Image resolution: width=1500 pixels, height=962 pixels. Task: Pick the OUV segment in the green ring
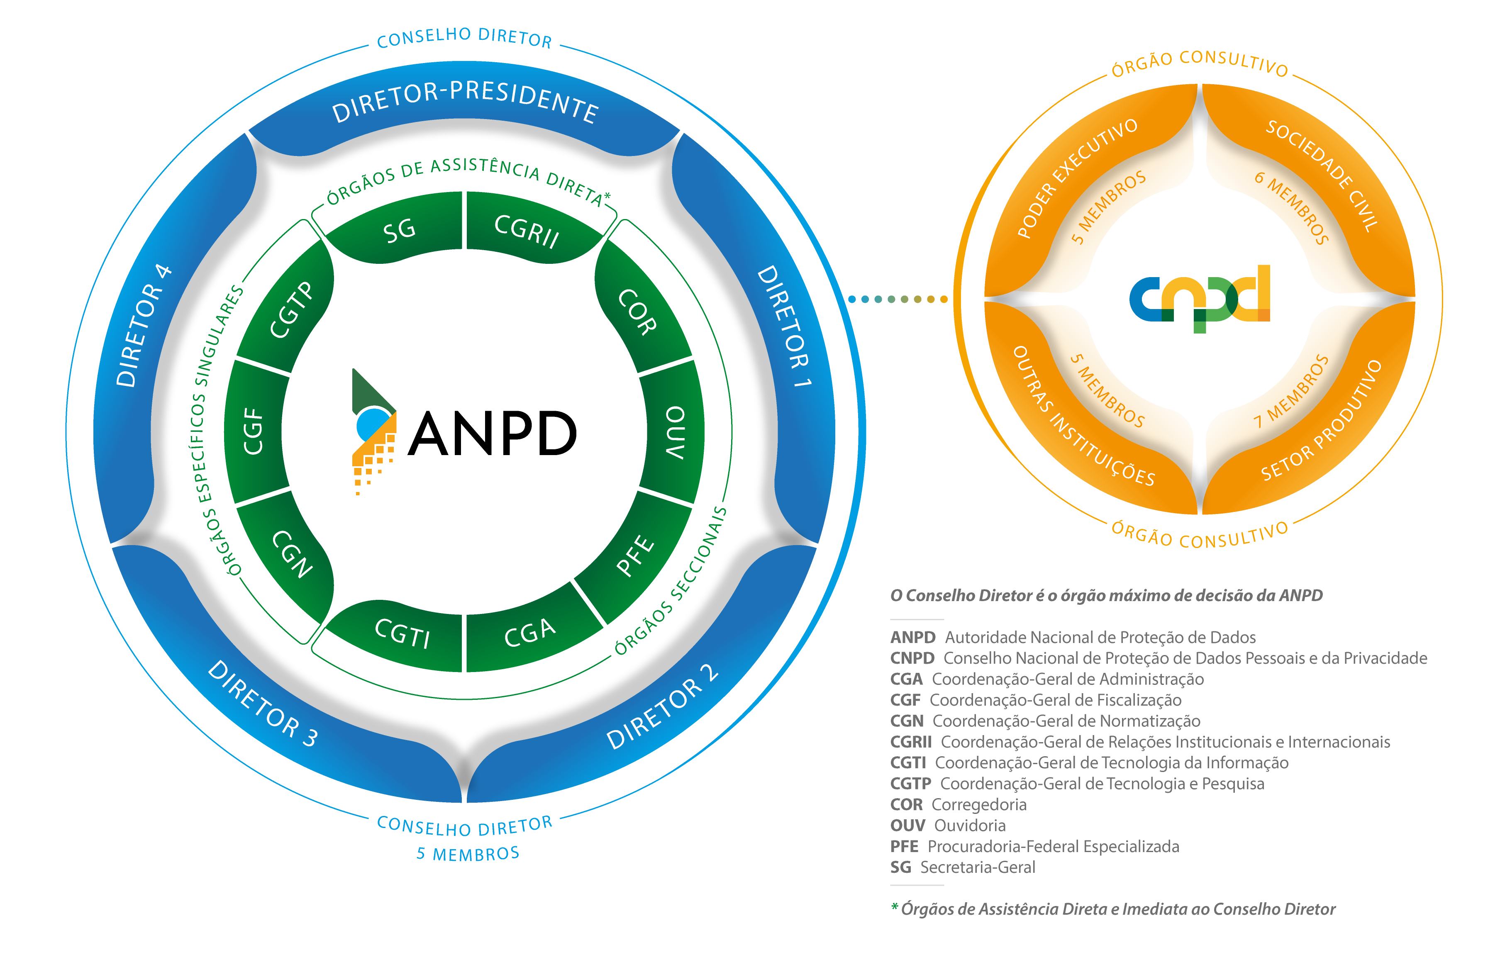(675, 432)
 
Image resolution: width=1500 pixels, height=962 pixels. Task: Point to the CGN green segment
(292, 554)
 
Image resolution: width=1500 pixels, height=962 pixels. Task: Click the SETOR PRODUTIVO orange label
(1321, 421)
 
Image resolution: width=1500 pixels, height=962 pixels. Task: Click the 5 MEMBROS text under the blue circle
(468, 854)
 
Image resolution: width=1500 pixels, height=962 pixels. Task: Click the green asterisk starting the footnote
(894, 906)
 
